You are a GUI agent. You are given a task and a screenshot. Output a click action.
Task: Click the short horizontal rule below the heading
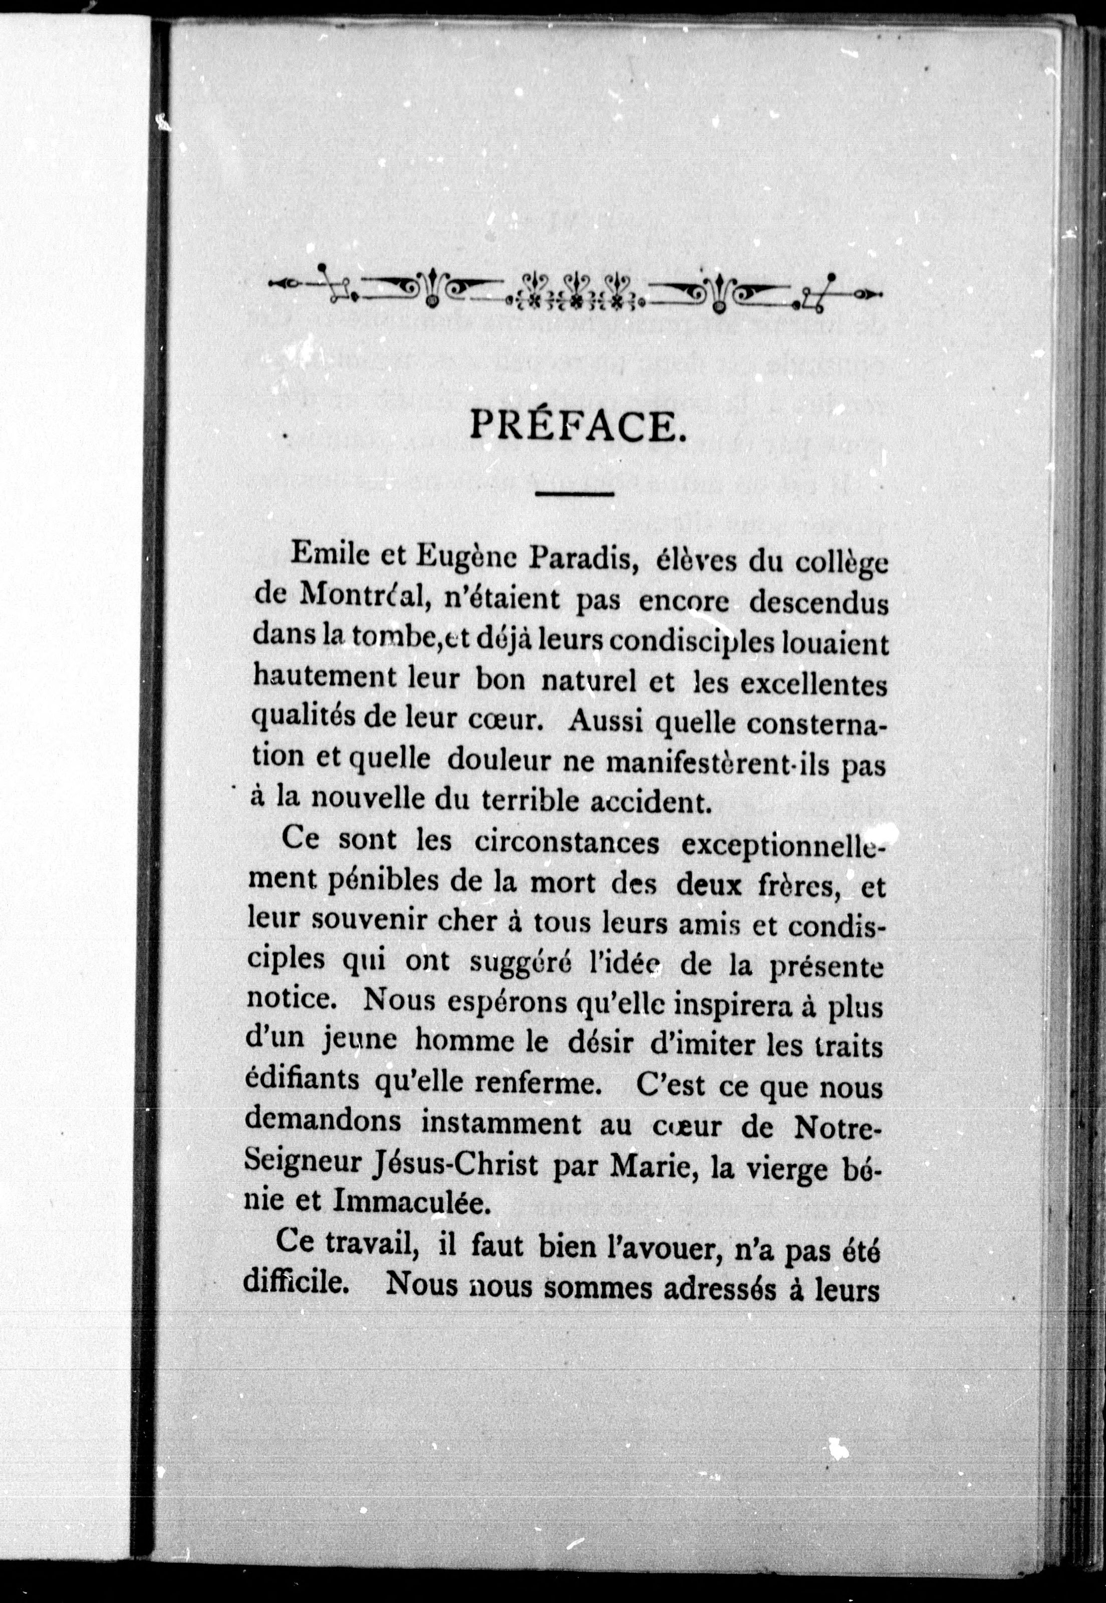pos(576,494)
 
